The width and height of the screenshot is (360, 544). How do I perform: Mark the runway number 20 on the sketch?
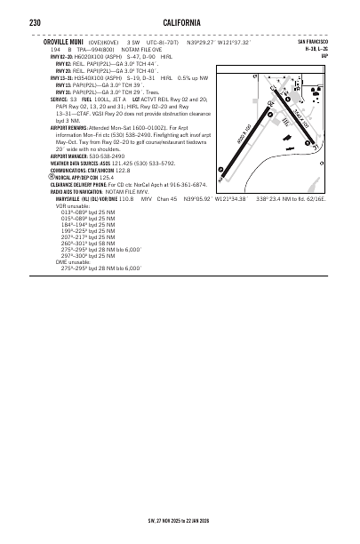pos(270,104)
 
